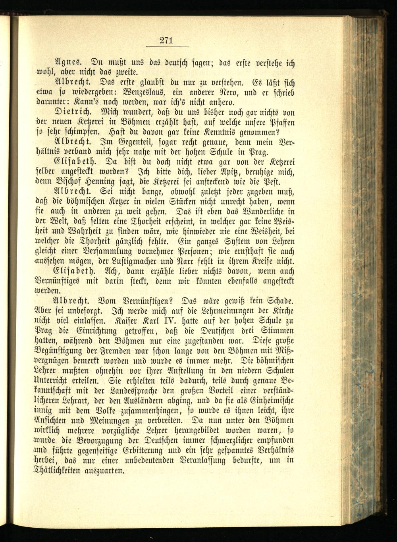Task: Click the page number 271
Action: tap(165, 40)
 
